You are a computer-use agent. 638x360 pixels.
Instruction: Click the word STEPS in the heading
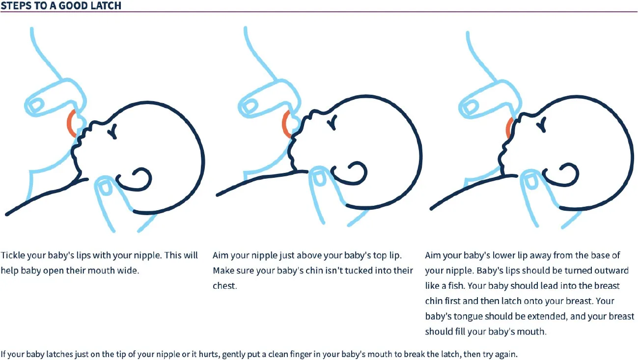(15, 6)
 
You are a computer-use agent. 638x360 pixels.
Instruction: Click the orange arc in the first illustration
(71, 123)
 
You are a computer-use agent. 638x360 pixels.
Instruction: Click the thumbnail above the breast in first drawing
(35, 105)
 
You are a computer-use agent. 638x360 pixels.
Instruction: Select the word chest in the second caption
(224, 286)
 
